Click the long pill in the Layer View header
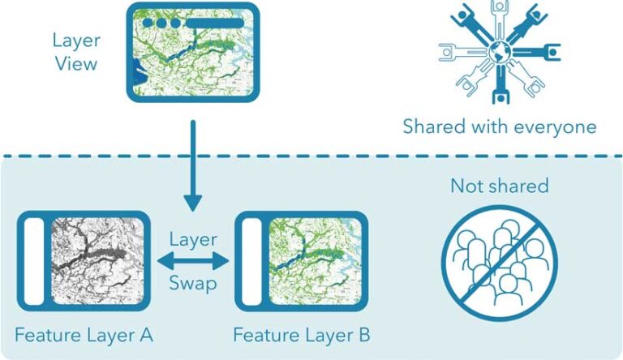pos(215,23)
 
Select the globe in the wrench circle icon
pos(498,54)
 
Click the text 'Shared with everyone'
pos(500,126)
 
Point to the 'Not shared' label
pos(500,186)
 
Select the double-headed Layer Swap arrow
pos(193,261)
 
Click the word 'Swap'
pos(193,284)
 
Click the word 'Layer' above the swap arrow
pos(193,239)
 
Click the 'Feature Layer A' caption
pos(84,334)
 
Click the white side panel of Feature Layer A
pos(34,261)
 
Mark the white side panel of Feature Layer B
pos(253,261)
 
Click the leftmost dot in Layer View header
pos(148,23)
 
